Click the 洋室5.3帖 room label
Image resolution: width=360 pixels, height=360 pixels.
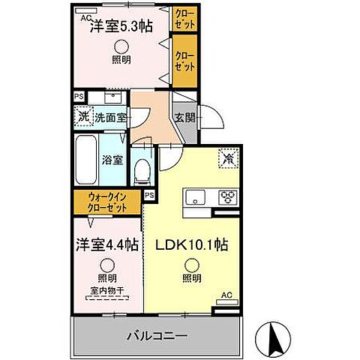point(121,25)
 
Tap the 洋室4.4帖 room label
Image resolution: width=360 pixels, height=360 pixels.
point(105,244)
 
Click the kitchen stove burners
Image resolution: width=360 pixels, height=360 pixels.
point(227,197)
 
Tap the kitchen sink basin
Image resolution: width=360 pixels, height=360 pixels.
point(196,197)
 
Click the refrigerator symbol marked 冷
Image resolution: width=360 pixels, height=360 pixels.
point(227,159)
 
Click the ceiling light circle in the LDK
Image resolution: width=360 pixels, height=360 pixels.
point(193,262)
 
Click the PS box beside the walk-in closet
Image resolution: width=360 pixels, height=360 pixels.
point(149,195)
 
